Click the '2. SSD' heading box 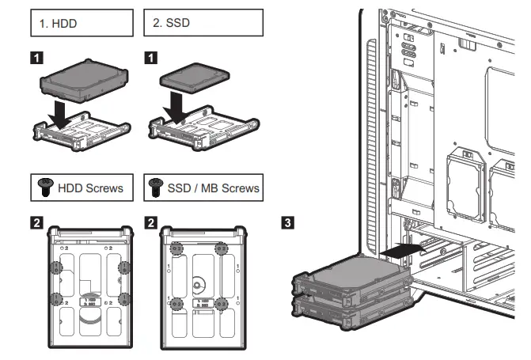(203, 24)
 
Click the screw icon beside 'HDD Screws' (46, 188)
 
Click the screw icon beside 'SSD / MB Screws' (155, 188)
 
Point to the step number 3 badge (289, 222)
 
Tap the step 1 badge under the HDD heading (36, 58)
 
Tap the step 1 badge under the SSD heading (151, 58)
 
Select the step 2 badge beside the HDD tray (36, 222)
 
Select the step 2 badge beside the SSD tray (151, 222)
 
